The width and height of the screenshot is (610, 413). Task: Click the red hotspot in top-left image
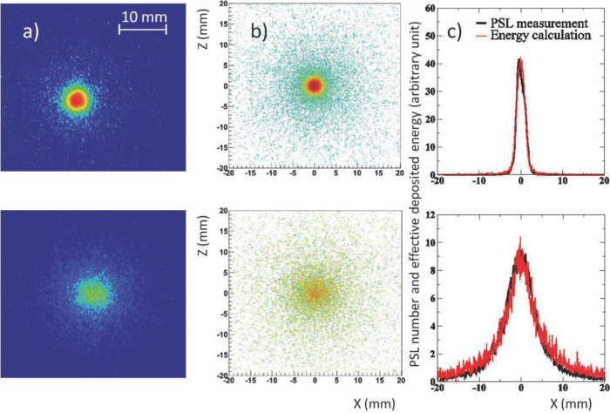[x=77, y=99]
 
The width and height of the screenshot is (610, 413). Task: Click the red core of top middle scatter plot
[x=315, y=85]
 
